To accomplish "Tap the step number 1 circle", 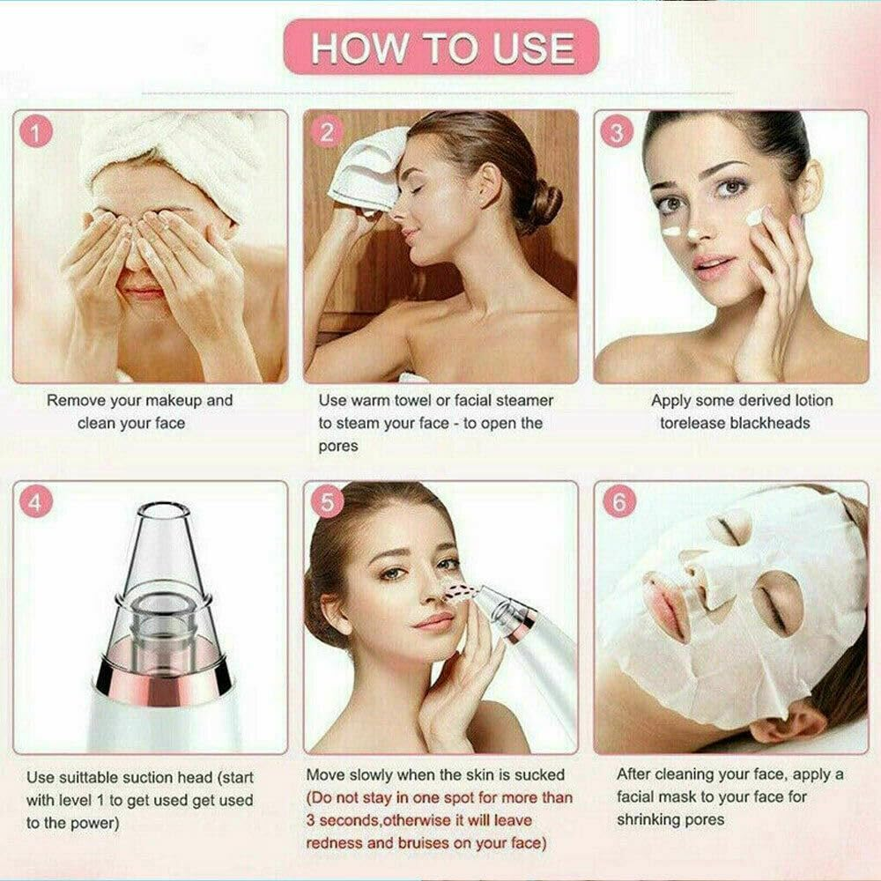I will point(34,133).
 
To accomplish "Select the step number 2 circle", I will point(327,133).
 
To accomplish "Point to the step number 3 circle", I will point(618,133).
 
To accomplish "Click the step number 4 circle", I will point(34,503).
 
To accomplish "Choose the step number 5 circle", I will point(327,503).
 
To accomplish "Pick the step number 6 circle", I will point(618,503).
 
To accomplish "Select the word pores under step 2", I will point(338,446).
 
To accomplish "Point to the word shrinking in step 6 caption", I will point(646,820).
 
